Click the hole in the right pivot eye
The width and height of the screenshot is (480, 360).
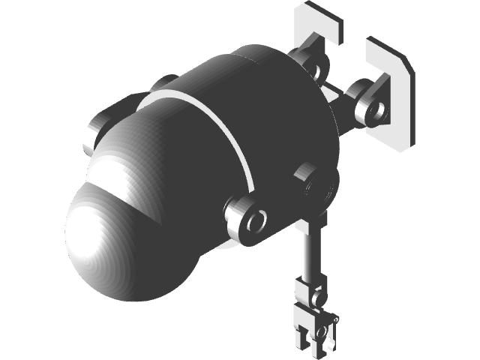(x=379, y=112)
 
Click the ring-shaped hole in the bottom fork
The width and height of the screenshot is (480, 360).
(x=322, y=331)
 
